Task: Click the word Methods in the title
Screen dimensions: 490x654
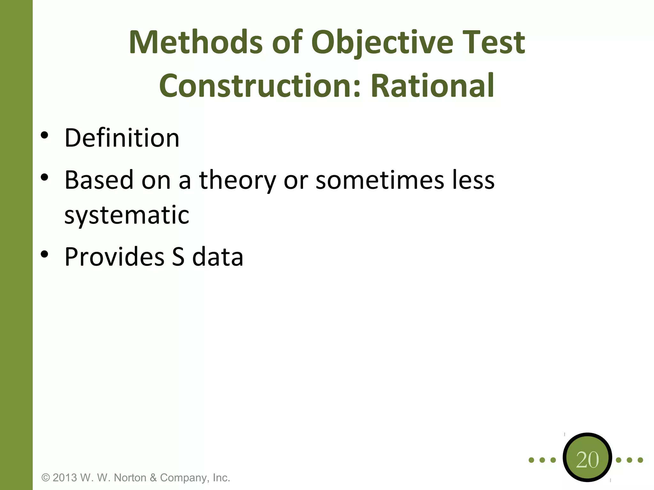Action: (195, 42)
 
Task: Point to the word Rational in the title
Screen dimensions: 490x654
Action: (432, 86)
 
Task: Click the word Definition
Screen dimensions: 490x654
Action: (122, 138)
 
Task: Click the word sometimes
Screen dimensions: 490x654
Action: (380, 180)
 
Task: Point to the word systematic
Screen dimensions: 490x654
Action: (127, 215)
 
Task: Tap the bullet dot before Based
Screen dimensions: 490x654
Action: (44, 177)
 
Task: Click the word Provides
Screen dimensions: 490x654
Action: (114, 257)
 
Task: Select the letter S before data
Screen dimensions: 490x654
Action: (178, 257)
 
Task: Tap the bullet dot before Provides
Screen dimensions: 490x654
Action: (44, 254)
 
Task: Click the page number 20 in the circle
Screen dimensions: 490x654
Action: (587, 460)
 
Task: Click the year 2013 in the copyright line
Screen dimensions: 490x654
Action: (65, 478)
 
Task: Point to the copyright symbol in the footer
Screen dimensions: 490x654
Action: (46, 478)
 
